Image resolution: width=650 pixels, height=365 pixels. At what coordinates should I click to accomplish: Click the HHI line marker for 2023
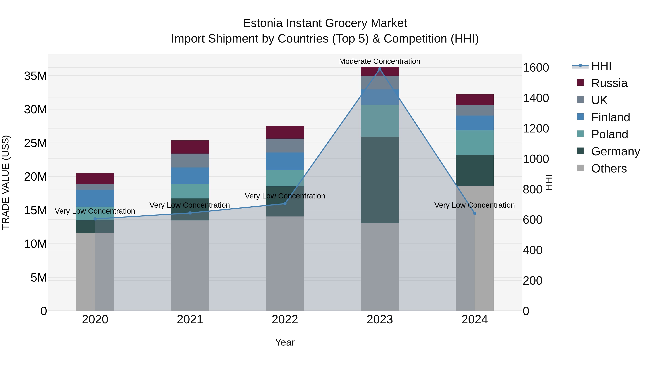[x=380, y=69]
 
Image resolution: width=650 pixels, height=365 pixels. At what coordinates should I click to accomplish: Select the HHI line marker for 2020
[x=95, y=219]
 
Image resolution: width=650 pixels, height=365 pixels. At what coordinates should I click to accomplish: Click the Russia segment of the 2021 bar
[x=190, y=147]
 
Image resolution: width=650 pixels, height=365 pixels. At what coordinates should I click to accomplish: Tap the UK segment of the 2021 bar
[x=190, y=160]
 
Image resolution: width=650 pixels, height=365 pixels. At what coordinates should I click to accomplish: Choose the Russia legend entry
[x=609, y=83]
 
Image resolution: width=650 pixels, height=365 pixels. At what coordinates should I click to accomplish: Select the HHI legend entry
[x=601, y=66]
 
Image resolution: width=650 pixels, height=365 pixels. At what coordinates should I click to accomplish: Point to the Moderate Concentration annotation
[x=380, y=61]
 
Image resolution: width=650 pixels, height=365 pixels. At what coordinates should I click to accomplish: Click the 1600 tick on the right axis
[x=536, y=68]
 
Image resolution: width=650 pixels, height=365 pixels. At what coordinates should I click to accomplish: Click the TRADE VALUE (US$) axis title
[x=6, y=182]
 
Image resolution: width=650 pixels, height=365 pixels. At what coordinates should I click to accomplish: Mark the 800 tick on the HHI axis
[x=532, y=189]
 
